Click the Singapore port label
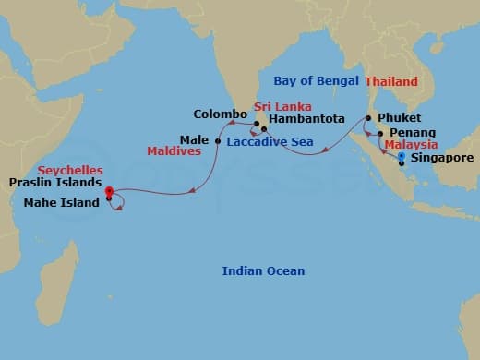point(442,158)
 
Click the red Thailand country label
point(391,81)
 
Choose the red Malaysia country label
point(411,145)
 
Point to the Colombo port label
point(220,114)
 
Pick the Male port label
point(194,140)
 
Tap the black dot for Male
point(217,141)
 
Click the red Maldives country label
point(174,150)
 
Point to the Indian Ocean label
point(263,270)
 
